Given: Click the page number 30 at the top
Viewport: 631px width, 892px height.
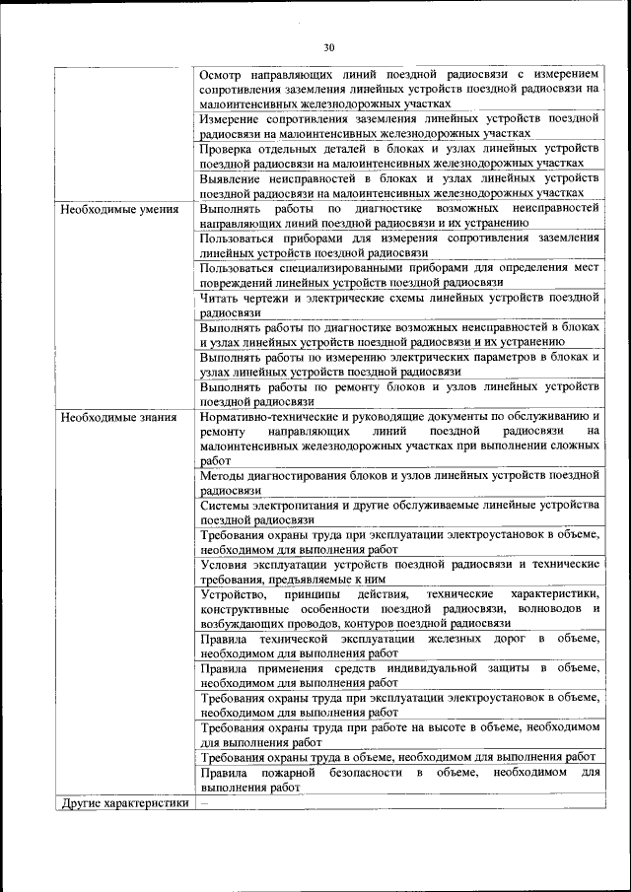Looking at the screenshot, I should coord(329,45).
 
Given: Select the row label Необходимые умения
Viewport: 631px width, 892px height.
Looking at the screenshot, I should coord(119,209).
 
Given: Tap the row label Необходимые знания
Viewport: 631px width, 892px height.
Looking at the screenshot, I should coord(118,416).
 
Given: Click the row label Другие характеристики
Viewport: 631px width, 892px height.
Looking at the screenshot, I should coord(124,802).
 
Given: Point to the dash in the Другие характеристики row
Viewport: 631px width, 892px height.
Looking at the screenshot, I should coord(204,802).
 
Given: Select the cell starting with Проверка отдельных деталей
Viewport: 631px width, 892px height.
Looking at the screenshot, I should coord(398,155).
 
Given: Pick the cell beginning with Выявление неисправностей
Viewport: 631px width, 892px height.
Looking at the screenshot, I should coord(398,186).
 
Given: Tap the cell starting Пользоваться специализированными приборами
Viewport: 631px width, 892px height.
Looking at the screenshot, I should coord(398,275).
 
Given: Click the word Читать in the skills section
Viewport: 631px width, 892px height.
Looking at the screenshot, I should coord(218,297).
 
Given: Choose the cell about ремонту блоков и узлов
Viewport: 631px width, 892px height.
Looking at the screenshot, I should coord(398,393).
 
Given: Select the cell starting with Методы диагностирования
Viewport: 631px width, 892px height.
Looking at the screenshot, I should coord(398,482).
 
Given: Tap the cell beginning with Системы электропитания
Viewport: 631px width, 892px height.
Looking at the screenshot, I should coord(398,512).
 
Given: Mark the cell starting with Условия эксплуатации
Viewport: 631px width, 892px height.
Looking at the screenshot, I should coord(398,571).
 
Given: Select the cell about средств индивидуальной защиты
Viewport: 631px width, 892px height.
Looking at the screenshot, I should coord(398,675).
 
